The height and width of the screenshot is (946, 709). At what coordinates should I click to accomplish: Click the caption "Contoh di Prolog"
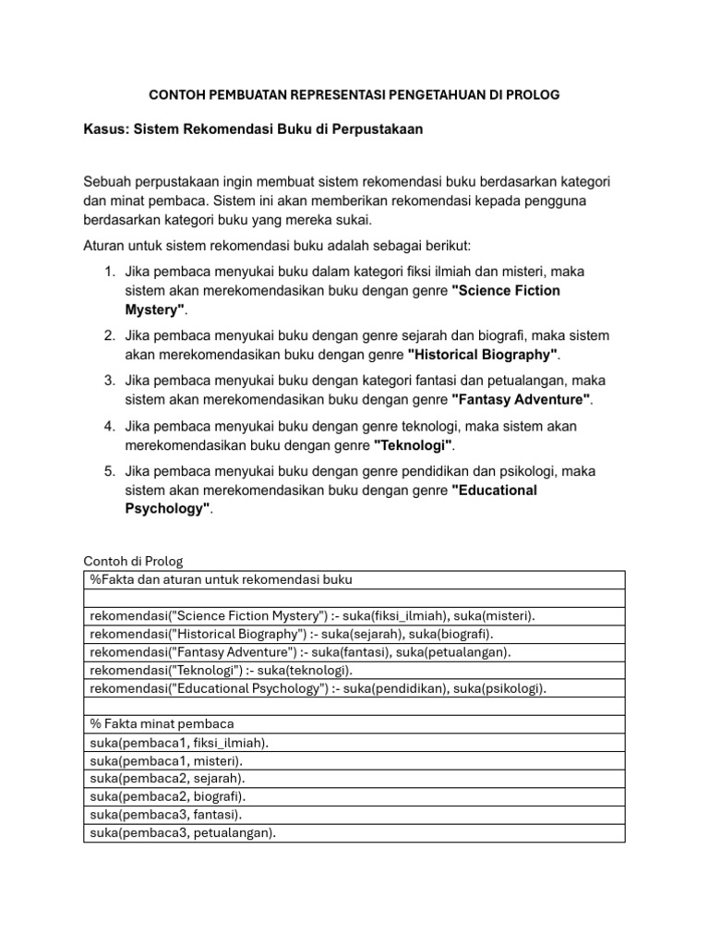[x=134, y=561]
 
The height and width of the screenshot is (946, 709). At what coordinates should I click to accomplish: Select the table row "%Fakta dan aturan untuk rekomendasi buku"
[x=222, y=579]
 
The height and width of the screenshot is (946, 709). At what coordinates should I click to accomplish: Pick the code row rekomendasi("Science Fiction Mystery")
[x=312, y=615]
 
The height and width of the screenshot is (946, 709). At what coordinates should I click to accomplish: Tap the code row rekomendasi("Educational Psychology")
[x=318, y=688]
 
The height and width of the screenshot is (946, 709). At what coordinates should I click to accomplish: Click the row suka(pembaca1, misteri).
[x=167, y=760]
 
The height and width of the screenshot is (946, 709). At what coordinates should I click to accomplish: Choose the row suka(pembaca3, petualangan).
[x=183, y=832]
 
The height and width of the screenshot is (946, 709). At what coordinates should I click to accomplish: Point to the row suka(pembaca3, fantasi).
[x=167, y=814]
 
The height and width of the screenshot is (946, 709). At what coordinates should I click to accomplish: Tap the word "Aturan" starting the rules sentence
[x=105, y=246]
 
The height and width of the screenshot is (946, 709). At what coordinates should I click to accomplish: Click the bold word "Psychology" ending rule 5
[x=166, y=509]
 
